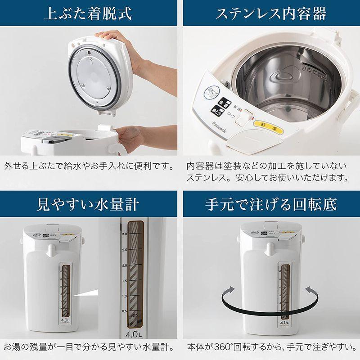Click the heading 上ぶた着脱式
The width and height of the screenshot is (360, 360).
[88, 13]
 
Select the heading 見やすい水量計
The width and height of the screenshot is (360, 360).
[88, 204]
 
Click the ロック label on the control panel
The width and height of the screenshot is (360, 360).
[231, 115]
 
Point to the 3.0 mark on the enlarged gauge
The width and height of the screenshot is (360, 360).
[124, 234]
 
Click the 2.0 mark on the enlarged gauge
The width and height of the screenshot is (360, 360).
[124, 265]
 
